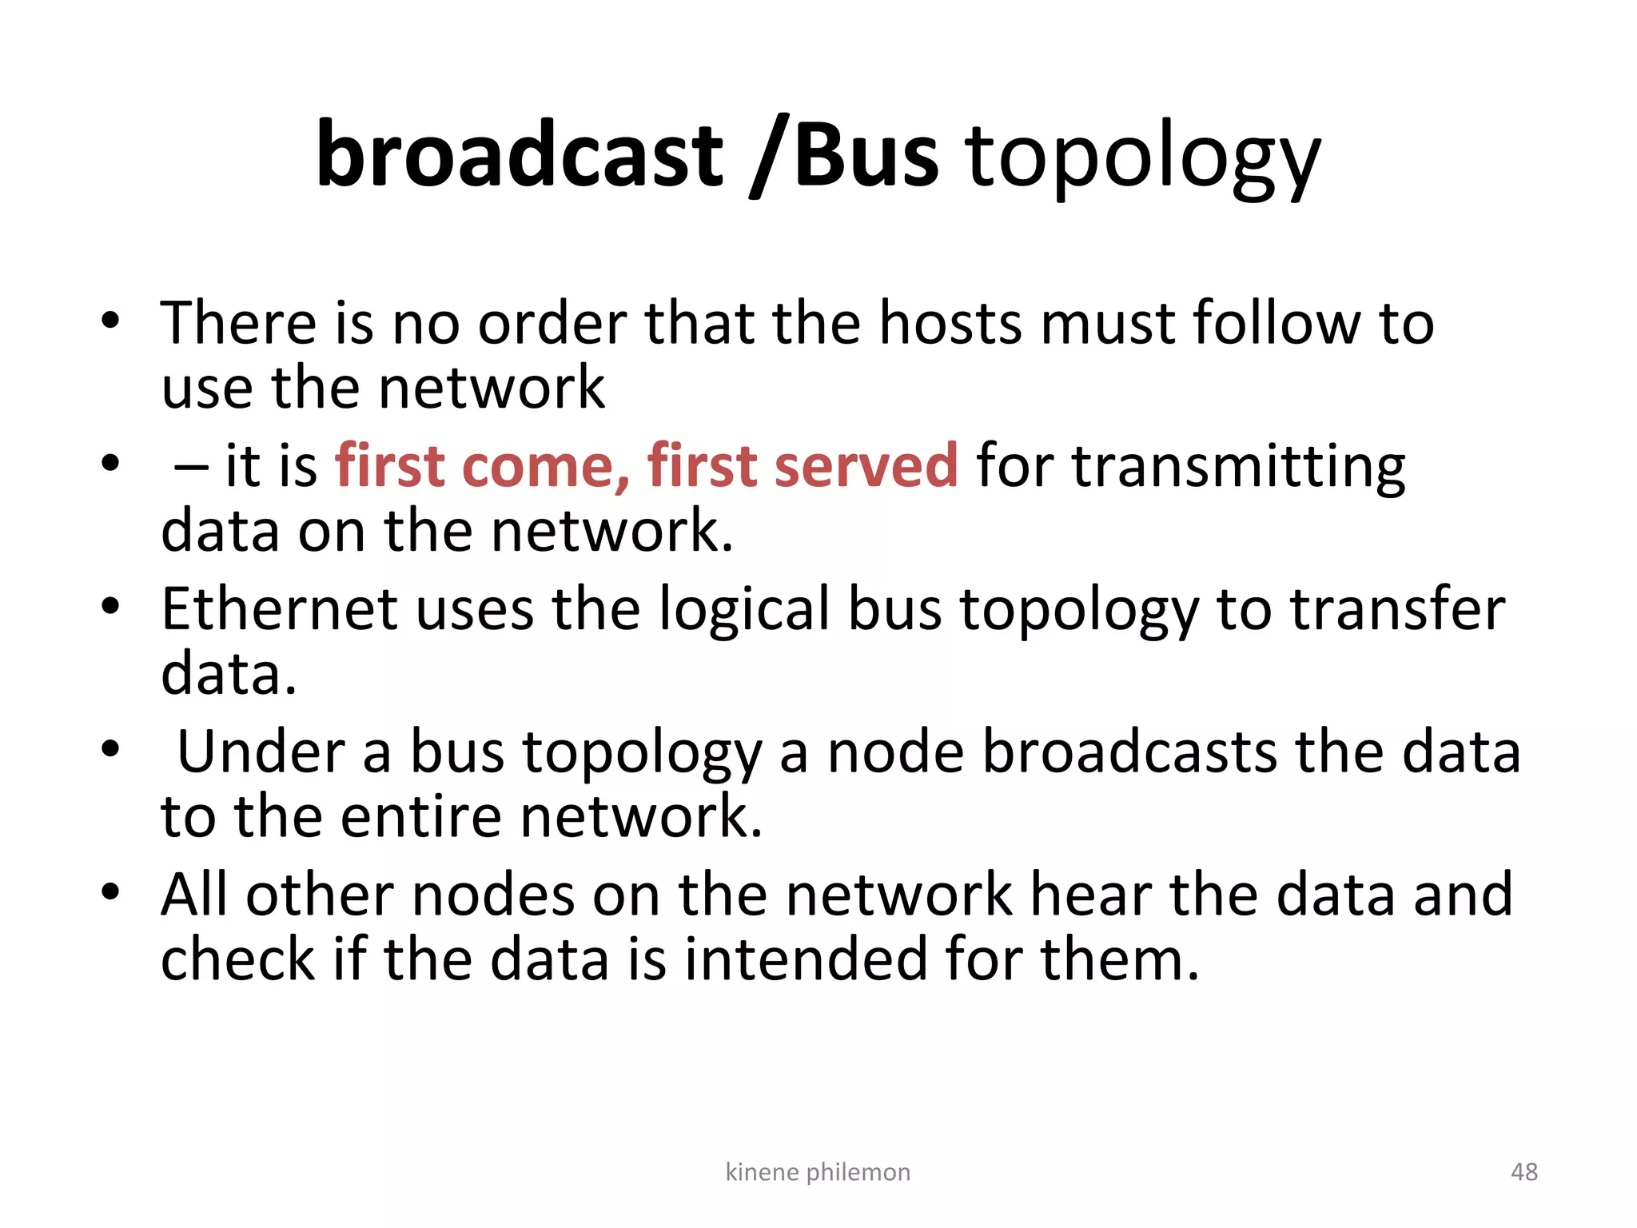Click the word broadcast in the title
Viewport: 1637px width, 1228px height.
520,153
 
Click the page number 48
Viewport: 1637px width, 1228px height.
1523,1172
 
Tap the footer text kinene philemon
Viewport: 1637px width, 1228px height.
818,1172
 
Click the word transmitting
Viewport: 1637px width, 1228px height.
1238,467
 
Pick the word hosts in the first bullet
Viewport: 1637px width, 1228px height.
950,323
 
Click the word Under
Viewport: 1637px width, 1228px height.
262,752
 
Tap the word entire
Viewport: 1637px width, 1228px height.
422,816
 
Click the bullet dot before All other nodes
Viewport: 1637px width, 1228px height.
110,891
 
